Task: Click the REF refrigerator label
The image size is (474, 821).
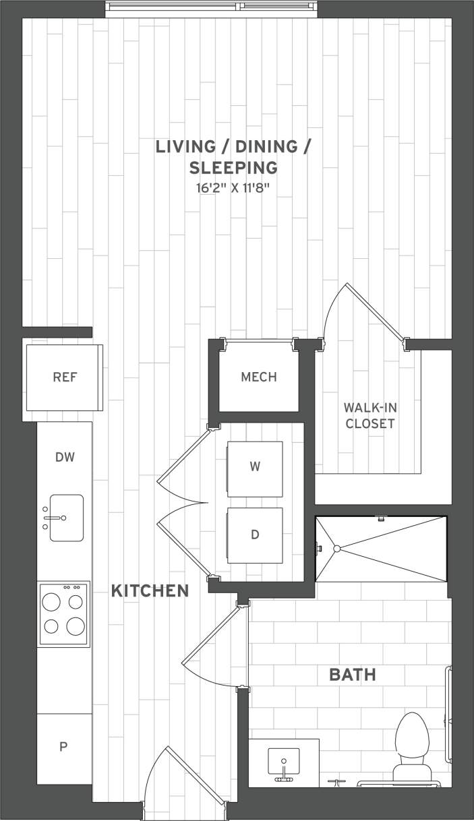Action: [x=65, y=377]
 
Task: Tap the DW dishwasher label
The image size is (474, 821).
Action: [x=65, y=458]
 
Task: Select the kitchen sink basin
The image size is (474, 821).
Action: [x=66, y=518]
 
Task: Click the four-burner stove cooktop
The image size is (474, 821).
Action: [x=64, y=614]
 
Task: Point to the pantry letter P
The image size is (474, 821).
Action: [x=64, y=746]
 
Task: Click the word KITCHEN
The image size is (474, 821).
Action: [x=150, y=591]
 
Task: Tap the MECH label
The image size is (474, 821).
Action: [x=259, y=377]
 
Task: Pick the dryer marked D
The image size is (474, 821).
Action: [x=255, y=535]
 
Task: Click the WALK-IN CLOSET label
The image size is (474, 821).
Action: [x=369, y=415]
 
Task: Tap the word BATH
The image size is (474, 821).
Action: [x=352, y=674]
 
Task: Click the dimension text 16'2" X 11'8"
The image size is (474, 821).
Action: [x=233, y=188]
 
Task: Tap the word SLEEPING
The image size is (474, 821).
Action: [x=233, y=167]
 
